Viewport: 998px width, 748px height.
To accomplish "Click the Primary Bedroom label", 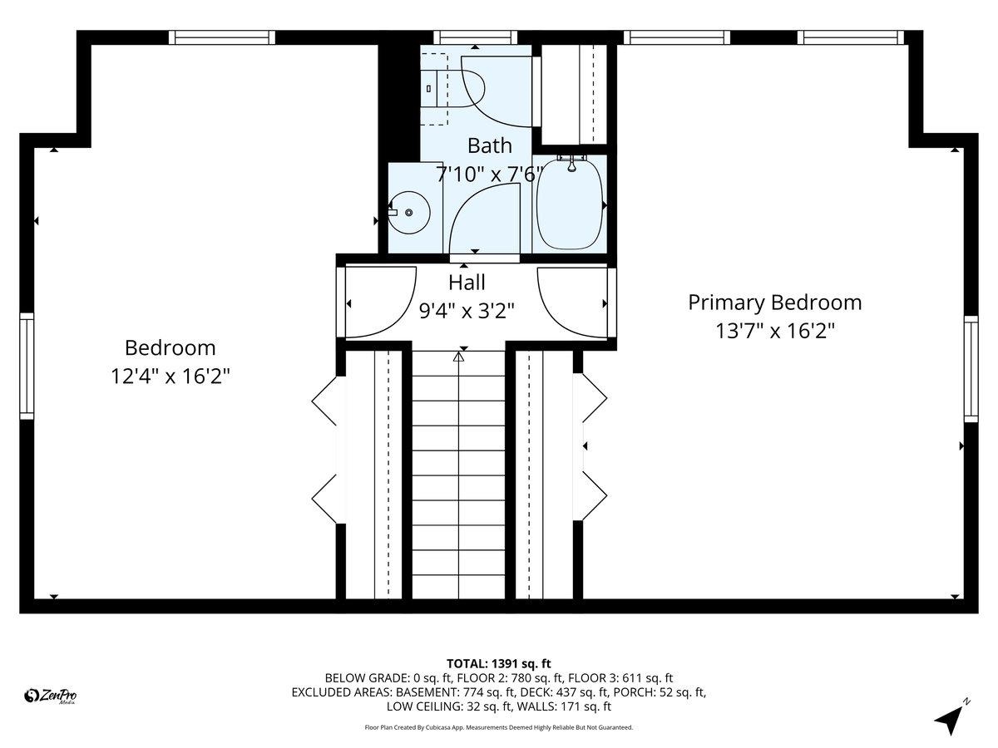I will [x=774, y=303].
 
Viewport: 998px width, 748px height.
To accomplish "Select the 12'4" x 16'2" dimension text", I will [x=170, y=376].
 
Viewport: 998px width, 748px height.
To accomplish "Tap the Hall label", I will [x=467, y=283].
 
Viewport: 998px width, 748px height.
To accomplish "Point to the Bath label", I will [x=489, y=146].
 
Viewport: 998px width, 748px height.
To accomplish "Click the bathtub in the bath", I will [x=570, y=203].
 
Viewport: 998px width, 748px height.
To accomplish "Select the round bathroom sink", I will [x=408, y=212].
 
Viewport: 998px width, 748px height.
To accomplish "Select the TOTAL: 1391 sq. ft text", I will [x=499, y=663].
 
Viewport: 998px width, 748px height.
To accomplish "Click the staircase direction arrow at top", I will [x=458, y=357].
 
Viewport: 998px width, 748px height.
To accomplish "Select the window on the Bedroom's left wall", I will [x=27, y=366].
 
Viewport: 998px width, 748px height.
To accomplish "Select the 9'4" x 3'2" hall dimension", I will [x=467, y=311].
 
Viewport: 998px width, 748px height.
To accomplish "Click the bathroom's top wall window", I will [x=475, y=37].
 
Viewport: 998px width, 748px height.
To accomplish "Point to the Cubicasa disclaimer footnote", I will [x=499, y=727].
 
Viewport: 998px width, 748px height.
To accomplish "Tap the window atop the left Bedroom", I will [x=221, y=37].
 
